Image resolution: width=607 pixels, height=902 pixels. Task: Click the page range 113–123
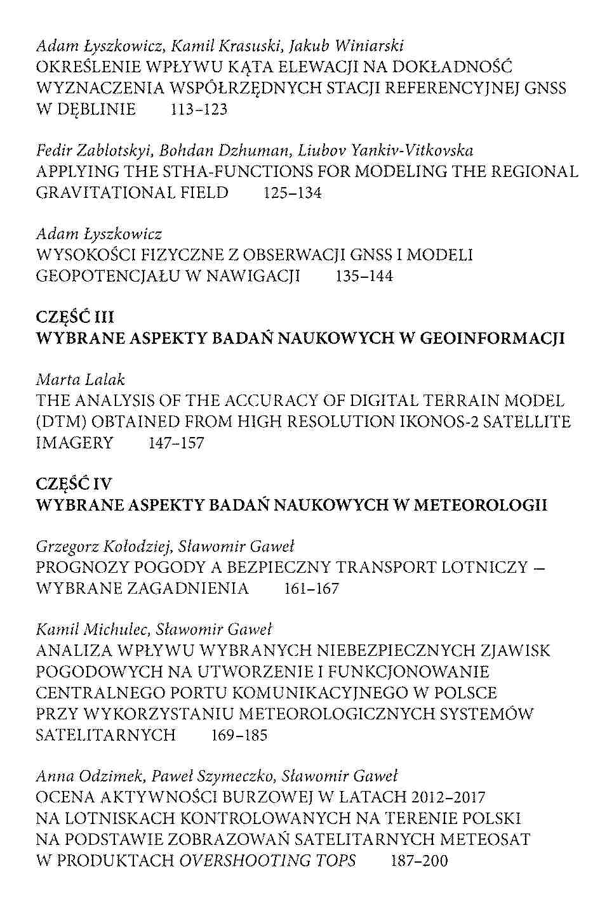[199, 109]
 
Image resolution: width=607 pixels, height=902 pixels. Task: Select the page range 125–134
[292, 193]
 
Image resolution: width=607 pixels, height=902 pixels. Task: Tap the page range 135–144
[363, 277]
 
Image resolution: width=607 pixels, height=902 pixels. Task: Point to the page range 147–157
[176, 443]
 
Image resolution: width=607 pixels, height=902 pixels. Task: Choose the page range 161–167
[312, 589]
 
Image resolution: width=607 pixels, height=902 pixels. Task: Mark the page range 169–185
[238, 735]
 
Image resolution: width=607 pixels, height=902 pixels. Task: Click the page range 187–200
[419, 861]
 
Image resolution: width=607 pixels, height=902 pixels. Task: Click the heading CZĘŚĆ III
[75, 317]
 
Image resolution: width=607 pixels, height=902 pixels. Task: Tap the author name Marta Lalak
[80, 379]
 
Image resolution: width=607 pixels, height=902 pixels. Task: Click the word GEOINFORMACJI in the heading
[492, 338]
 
